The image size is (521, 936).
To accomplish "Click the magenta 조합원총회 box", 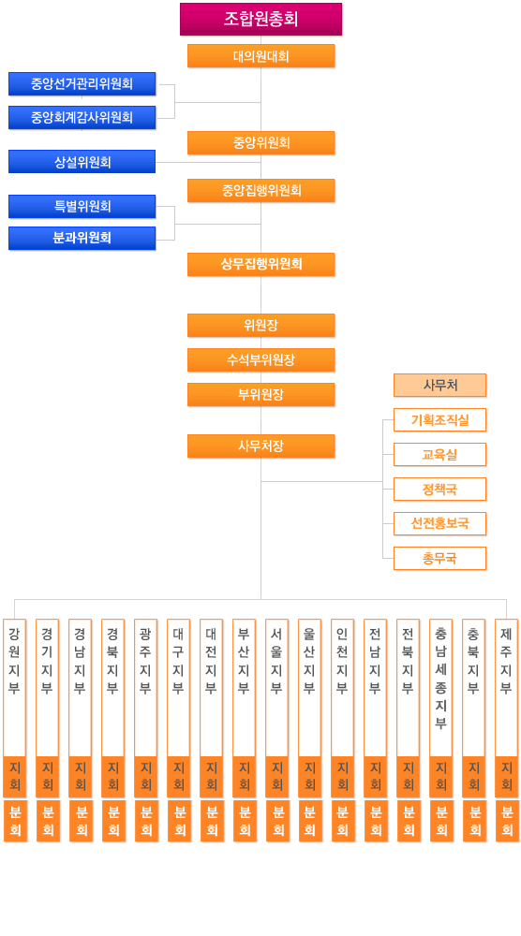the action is (x=261, y=19).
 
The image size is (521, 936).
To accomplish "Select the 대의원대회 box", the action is (x=261, y=56).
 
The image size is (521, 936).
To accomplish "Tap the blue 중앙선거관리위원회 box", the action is (x=82, y=83).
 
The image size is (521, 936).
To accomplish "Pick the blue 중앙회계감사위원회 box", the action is (x=82, y=118).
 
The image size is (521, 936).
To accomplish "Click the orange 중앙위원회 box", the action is (x=261, y=142).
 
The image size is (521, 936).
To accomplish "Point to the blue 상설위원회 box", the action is (x=82, y=162).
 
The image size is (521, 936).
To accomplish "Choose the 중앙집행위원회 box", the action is (x=261, y=190).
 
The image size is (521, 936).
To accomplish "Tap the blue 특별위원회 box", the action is (x=82, y=207).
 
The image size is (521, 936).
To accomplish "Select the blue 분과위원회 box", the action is (x=82, y=238).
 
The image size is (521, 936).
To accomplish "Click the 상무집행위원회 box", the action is (x=261, y=265).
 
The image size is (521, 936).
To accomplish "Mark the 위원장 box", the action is (x=261, y=326).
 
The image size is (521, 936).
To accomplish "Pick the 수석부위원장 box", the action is (x=261, y=360).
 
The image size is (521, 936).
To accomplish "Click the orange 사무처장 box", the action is (x=261, y=446).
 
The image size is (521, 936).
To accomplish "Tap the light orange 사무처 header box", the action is (x=439, y=385).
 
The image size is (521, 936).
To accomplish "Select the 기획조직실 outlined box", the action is (x=439, y=419).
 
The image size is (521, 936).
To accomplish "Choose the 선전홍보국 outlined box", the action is (x=439, y=523).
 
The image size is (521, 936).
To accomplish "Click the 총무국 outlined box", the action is (x=439, y=558).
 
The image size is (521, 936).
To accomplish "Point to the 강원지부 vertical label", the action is (x=14, y=660).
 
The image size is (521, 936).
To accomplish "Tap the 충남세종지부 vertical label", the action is (x=441, y=678).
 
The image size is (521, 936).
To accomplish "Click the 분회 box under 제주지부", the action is (x=507, y=821).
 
